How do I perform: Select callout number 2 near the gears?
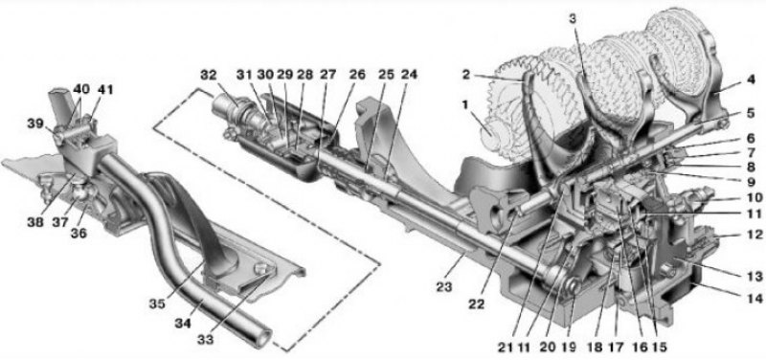click(467, 75)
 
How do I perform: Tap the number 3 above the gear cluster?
click(574, 19)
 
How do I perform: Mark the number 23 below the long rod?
click(445, 287)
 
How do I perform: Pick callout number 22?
click(476, 304)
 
